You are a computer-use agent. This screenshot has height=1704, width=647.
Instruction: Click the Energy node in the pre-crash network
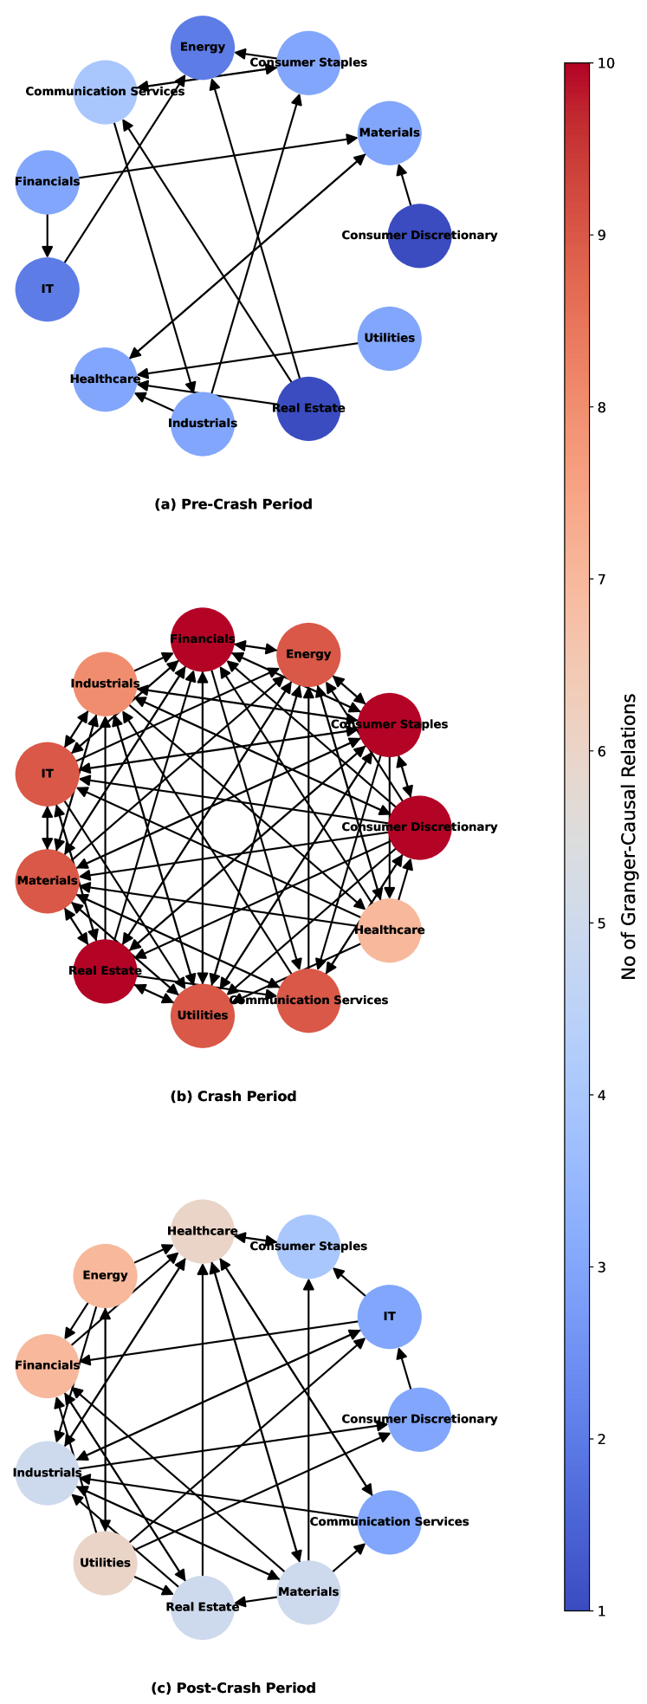[203, 48]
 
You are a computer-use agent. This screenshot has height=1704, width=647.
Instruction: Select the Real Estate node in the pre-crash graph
[308, 409]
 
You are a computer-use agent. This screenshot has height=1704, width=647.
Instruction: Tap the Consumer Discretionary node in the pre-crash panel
[419, 236]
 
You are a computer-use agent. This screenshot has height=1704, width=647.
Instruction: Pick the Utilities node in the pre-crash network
[390, 339]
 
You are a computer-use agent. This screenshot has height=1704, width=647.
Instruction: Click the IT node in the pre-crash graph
[48, 289]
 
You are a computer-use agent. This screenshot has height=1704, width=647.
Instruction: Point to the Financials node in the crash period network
[203, 639]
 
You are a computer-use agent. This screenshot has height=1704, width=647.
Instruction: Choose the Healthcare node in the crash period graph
[390, 930]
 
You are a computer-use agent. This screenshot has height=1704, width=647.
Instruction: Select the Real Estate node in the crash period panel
[105, 971]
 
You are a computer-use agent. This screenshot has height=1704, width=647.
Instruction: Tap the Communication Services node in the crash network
[308, 1001]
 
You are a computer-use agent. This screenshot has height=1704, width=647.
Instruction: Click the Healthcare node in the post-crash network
[203, 1231]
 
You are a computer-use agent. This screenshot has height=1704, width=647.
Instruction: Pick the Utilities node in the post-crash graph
[105, 1563]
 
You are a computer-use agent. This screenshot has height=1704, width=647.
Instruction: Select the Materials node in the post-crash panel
[308, 1592]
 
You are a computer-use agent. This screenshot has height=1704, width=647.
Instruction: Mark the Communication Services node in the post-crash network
[390, 1522]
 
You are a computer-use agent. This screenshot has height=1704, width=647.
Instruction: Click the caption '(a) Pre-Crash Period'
[233, 504]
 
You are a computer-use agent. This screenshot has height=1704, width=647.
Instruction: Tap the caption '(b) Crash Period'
[233, 1097]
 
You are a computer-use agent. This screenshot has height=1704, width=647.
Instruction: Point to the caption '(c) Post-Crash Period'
[233, 1688]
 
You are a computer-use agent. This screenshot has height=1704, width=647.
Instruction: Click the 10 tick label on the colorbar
[606, 63]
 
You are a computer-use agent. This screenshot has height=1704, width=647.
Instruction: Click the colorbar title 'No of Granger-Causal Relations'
[630, 837]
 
